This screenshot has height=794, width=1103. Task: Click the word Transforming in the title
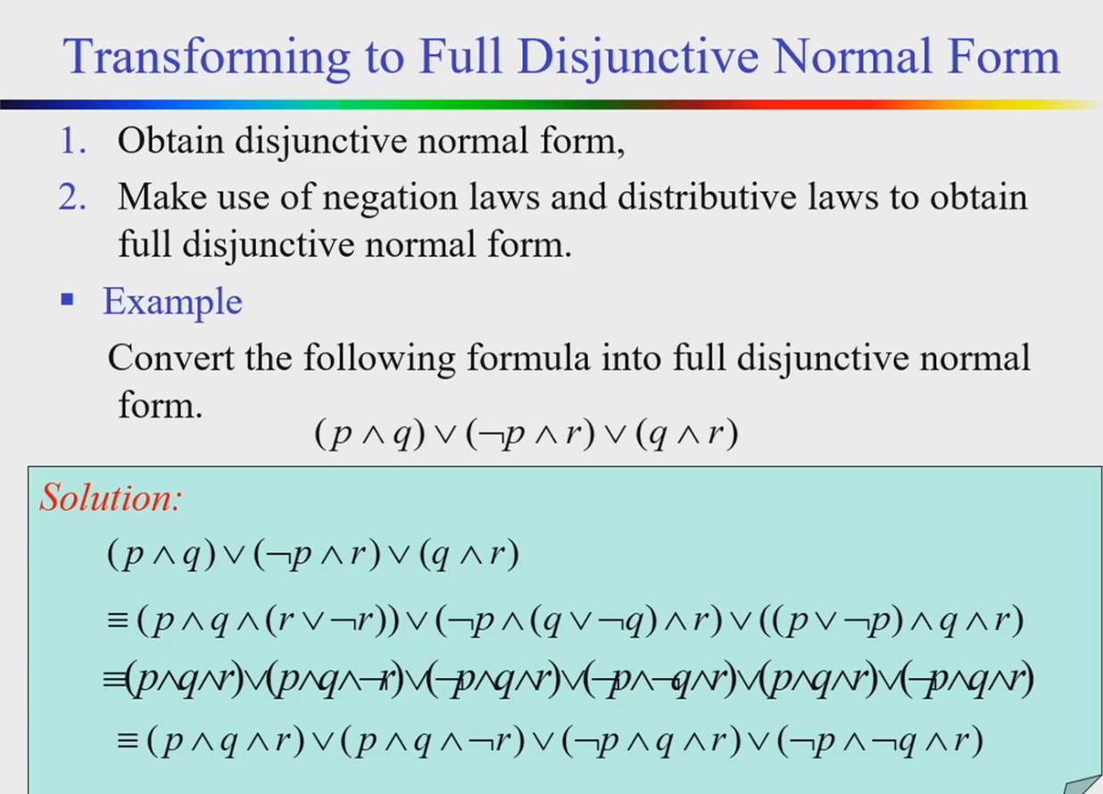pos(206,57)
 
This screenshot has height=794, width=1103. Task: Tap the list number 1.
pos(73,142)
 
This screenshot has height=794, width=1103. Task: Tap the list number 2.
pos(72,197)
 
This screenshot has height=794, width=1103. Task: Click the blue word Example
pos(172,302)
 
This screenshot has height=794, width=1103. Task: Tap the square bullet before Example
pos(67,300)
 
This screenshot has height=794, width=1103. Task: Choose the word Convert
pos(168,358)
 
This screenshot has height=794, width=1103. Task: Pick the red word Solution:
pos(110,497)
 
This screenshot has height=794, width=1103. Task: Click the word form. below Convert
pos(160,404)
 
